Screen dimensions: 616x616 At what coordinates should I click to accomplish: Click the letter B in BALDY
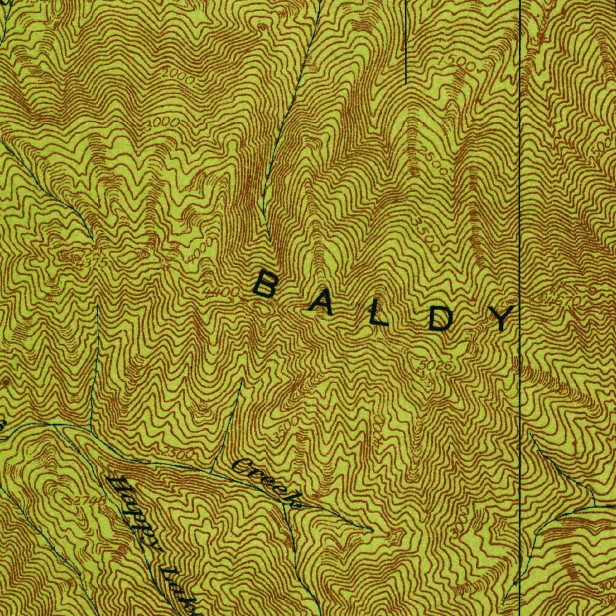(264, 285)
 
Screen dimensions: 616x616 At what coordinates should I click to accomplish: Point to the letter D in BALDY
(441, 319)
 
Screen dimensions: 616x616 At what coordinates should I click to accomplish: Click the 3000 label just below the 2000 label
(162, 122)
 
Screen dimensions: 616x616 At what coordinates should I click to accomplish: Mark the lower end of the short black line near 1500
(406, 82)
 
